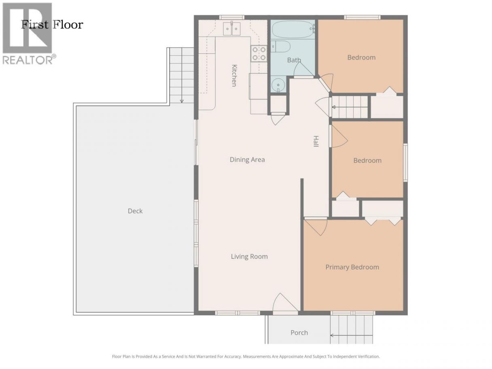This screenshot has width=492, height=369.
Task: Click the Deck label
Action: [135, 211]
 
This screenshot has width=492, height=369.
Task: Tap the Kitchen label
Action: [234, 76]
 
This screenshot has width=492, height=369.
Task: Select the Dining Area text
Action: [247, 159]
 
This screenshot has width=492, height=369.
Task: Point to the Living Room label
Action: [249, 256]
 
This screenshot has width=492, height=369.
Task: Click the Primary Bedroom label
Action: [352, 267]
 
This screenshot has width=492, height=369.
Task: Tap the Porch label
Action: [299, 333]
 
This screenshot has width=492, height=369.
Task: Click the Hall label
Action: [316, 141]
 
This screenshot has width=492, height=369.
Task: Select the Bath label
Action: [294, 60]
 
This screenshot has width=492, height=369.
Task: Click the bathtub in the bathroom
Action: [293, 29]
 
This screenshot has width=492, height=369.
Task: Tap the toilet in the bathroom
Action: [281, 47]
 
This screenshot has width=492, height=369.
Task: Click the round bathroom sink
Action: [278, 85]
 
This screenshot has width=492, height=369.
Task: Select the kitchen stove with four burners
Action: [259, 53]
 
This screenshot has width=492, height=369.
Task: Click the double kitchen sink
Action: [231, 29]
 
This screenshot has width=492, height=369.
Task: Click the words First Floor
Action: [52, 25]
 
